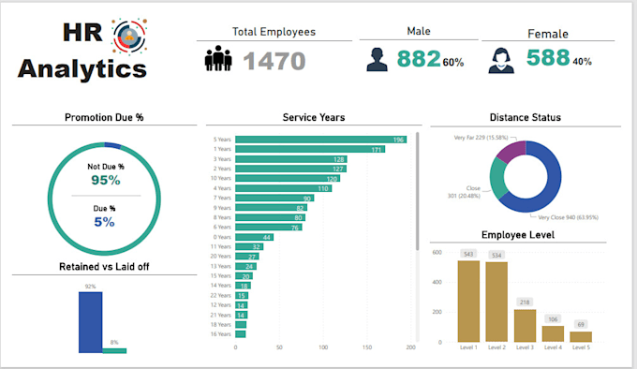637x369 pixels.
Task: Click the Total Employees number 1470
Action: pyautogui.click(x=274, y=61)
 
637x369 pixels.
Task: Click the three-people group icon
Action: pyautogui.click(x=219, y=60)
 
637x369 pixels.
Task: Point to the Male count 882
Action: pyautogui.click(x=418, y=59)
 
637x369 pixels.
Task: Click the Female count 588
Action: pyautogui.click(x=547, y=58)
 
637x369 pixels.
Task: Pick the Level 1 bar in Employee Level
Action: pyautogui.click(x=467, y=301)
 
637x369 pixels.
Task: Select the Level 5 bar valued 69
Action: pyautogui.click(x=581, y=336)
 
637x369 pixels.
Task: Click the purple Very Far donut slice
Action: pyautogui.click(x=511, y=153)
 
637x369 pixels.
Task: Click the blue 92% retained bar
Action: pyautogui.click(x=90, y=322)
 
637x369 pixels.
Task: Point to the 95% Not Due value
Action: pyautogui.click(x=105, y=180)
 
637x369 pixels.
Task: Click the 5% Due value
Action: pyautogui.click(x=105, y=222)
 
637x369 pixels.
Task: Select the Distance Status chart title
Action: pyautogui.click(x=524, y=117)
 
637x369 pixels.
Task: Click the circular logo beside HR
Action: pyautogui.click(x=125, y=36)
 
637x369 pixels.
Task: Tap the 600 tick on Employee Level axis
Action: pyautogui.click(x=437, y=252)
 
